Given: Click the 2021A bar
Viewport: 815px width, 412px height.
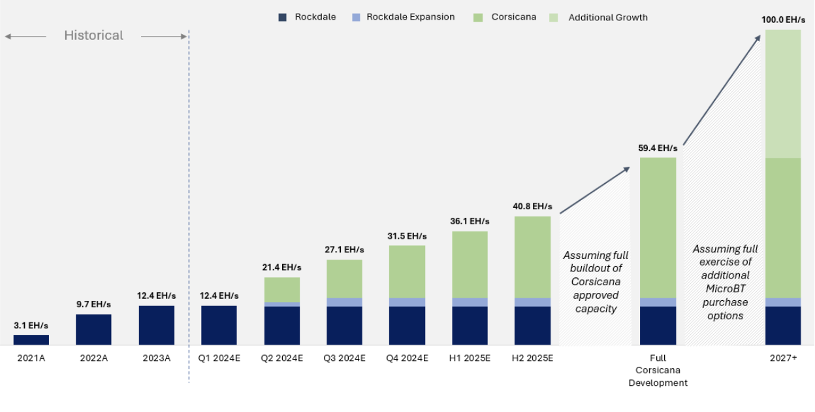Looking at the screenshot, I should pos(31,340).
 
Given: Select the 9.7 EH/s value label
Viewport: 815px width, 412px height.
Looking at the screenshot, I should pos(93,305).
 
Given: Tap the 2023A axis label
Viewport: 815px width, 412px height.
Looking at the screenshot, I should pos(156,358).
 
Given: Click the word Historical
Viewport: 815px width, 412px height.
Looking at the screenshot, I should pos(93,35).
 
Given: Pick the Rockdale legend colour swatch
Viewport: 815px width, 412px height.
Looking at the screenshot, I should pos(283,18).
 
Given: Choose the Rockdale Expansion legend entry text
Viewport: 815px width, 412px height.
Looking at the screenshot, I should pos(410,17).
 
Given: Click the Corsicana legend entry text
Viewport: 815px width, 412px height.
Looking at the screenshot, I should pos(514,17).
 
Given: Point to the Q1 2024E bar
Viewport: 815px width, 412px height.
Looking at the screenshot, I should pos(219,326).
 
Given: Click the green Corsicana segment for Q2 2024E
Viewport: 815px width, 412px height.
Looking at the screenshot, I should pos(282,290).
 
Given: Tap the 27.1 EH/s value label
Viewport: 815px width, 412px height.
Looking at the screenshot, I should pos(344,250).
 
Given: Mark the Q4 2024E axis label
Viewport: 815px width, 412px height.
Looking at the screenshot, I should pos(407,358).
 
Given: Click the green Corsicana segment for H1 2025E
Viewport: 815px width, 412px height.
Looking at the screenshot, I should pos(470,265).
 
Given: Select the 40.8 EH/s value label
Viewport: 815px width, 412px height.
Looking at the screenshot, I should pos(532,207).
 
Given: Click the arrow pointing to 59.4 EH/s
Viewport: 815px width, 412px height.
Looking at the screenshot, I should pos(595,190).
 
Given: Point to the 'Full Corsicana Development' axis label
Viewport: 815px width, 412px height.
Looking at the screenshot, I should pos(658,371).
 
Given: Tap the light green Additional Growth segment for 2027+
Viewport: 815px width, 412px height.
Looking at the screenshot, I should pos(783,94).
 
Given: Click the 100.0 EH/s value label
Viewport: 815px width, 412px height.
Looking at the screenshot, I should pos(783,20).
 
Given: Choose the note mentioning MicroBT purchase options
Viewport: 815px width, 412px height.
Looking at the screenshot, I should pos(725,283).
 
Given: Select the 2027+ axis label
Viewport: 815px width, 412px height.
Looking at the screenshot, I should pos(783,358).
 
